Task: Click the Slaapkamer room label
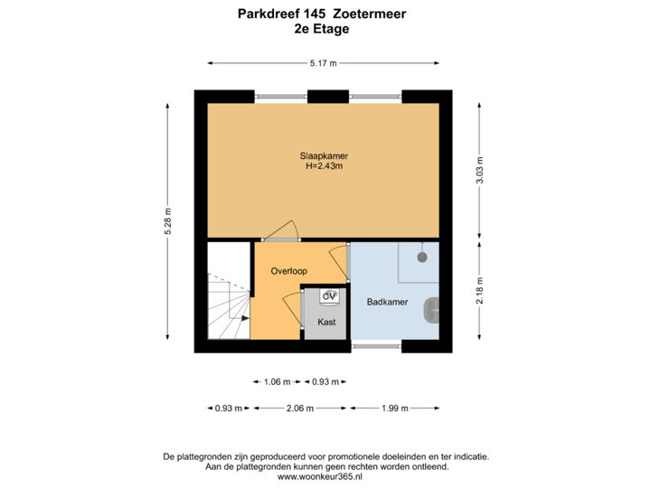pos(324,155)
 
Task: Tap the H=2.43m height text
pos(324,165)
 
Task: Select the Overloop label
pos(289,270)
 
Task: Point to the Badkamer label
pos(385,302)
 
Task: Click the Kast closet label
pos(326,321)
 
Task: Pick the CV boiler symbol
pos(329,296)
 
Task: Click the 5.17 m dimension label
pos(323,63)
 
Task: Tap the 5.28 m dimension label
pos(167,221)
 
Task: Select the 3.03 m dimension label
pos(479,171)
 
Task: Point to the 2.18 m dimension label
pos(479,291)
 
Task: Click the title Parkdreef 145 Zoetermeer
pos(323,14)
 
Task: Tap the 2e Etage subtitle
pos(322,28)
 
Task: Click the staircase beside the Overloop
pos(227,303)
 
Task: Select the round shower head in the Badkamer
pos(421,258)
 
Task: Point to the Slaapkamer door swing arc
pos(286,230)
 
